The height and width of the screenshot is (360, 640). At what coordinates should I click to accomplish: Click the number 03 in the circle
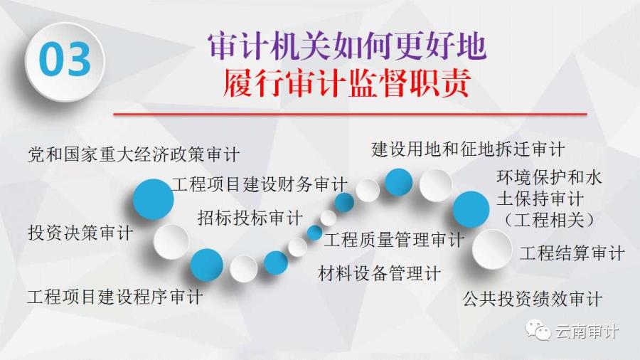[65, 60]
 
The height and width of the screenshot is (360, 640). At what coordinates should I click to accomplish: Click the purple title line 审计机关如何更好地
[347, 46]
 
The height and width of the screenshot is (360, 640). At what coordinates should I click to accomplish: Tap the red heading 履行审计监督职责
[347, 83]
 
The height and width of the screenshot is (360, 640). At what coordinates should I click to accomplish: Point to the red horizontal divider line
[350, 114]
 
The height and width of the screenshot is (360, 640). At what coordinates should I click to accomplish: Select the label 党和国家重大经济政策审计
[134, 154]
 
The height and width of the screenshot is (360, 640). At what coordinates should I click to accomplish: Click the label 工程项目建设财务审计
[260, 184]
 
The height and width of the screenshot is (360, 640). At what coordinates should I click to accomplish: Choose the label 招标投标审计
[250, 218]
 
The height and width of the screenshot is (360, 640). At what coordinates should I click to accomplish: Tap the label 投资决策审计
[80, 233]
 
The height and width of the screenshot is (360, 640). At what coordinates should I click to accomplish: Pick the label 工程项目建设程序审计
[115, 297]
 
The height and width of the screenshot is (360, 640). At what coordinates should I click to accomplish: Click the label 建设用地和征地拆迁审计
[468, 149]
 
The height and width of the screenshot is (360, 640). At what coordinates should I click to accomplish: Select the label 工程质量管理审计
[394, 240]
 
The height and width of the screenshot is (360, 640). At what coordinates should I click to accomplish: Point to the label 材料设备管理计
[380, 273]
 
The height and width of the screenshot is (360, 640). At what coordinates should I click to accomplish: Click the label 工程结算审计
[572, 253]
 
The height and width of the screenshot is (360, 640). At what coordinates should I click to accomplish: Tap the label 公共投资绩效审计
[533, 299]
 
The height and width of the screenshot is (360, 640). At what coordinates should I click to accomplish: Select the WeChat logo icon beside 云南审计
[538, 330]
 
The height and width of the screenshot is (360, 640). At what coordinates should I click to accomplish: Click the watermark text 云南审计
[587, 331]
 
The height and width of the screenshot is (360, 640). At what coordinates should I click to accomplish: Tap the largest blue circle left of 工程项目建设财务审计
[154, 199]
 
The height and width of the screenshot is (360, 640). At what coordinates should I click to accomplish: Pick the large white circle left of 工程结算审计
[492, 249]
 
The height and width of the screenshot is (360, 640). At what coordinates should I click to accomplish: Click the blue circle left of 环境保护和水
[471, 209]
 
